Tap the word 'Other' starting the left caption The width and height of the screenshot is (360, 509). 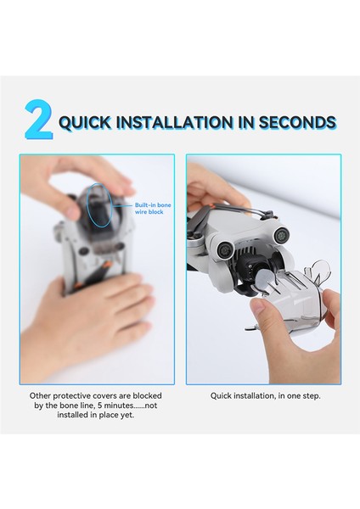pyautogui.click(x=40, y=395)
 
